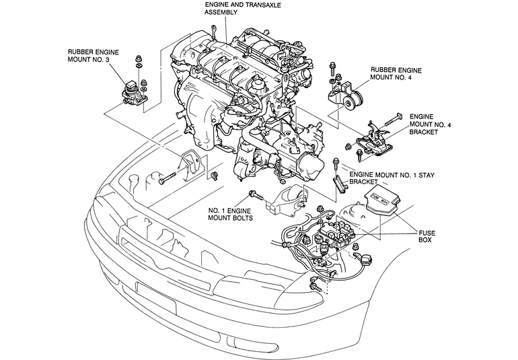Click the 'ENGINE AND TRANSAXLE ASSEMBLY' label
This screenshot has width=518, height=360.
242,9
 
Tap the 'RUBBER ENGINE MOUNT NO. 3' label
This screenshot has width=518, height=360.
93,56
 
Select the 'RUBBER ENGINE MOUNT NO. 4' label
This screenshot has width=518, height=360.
396,74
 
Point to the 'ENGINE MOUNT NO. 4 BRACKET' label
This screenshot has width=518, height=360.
430,124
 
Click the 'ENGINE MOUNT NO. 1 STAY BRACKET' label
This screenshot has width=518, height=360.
392,178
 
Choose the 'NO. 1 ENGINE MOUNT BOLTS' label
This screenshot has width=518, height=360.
230,214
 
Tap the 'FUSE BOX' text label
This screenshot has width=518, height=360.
427,236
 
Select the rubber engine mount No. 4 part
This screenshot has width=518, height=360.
345,96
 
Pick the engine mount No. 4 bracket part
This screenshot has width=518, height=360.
374,141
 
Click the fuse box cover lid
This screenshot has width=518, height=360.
383,202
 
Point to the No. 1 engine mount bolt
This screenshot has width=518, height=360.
256,195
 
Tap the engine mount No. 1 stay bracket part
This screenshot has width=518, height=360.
339,184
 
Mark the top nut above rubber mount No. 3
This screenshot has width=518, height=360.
139,59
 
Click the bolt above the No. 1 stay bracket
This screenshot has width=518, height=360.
336,165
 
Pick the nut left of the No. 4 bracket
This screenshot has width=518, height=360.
348,146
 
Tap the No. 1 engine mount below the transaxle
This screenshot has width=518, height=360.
285,201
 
